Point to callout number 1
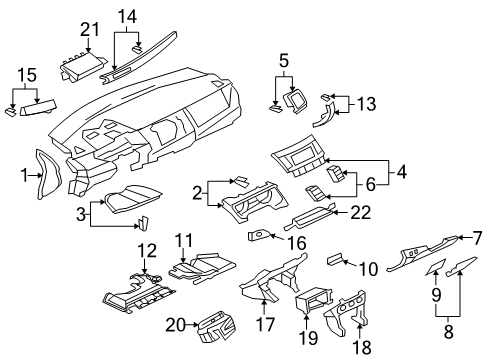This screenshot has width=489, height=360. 23,176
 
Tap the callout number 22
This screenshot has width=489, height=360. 359,212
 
